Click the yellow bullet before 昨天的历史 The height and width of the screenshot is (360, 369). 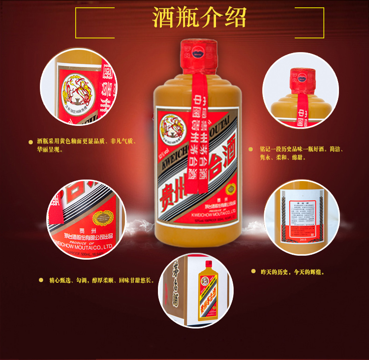coord(253,271)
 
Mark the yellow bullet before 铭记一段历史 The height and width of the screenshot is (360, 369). coord(250,149)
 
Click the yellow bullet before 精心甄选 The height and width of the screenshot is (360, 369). coord(41,280)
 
